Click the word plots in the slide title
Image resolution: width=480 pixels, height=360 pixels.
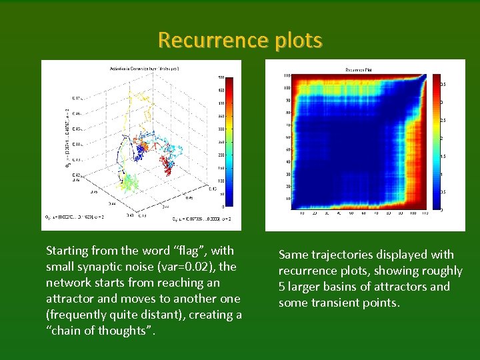coord(298,41)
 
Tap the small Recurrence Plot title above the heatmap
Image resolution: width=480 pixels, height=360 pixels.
coord(363,69)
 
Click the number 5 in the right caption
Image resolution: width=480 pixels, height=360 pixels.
coord(283,287)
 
